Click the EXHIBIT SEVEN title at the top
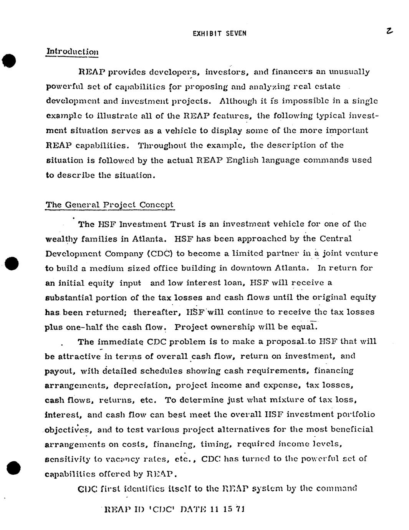pos(219,33)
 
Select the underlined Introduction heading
pos(72,51)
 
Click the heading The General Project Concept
pos(109,205)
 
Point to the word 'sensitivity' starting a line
pos(68,459)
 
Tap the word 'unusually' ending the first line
pos(350,72)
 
